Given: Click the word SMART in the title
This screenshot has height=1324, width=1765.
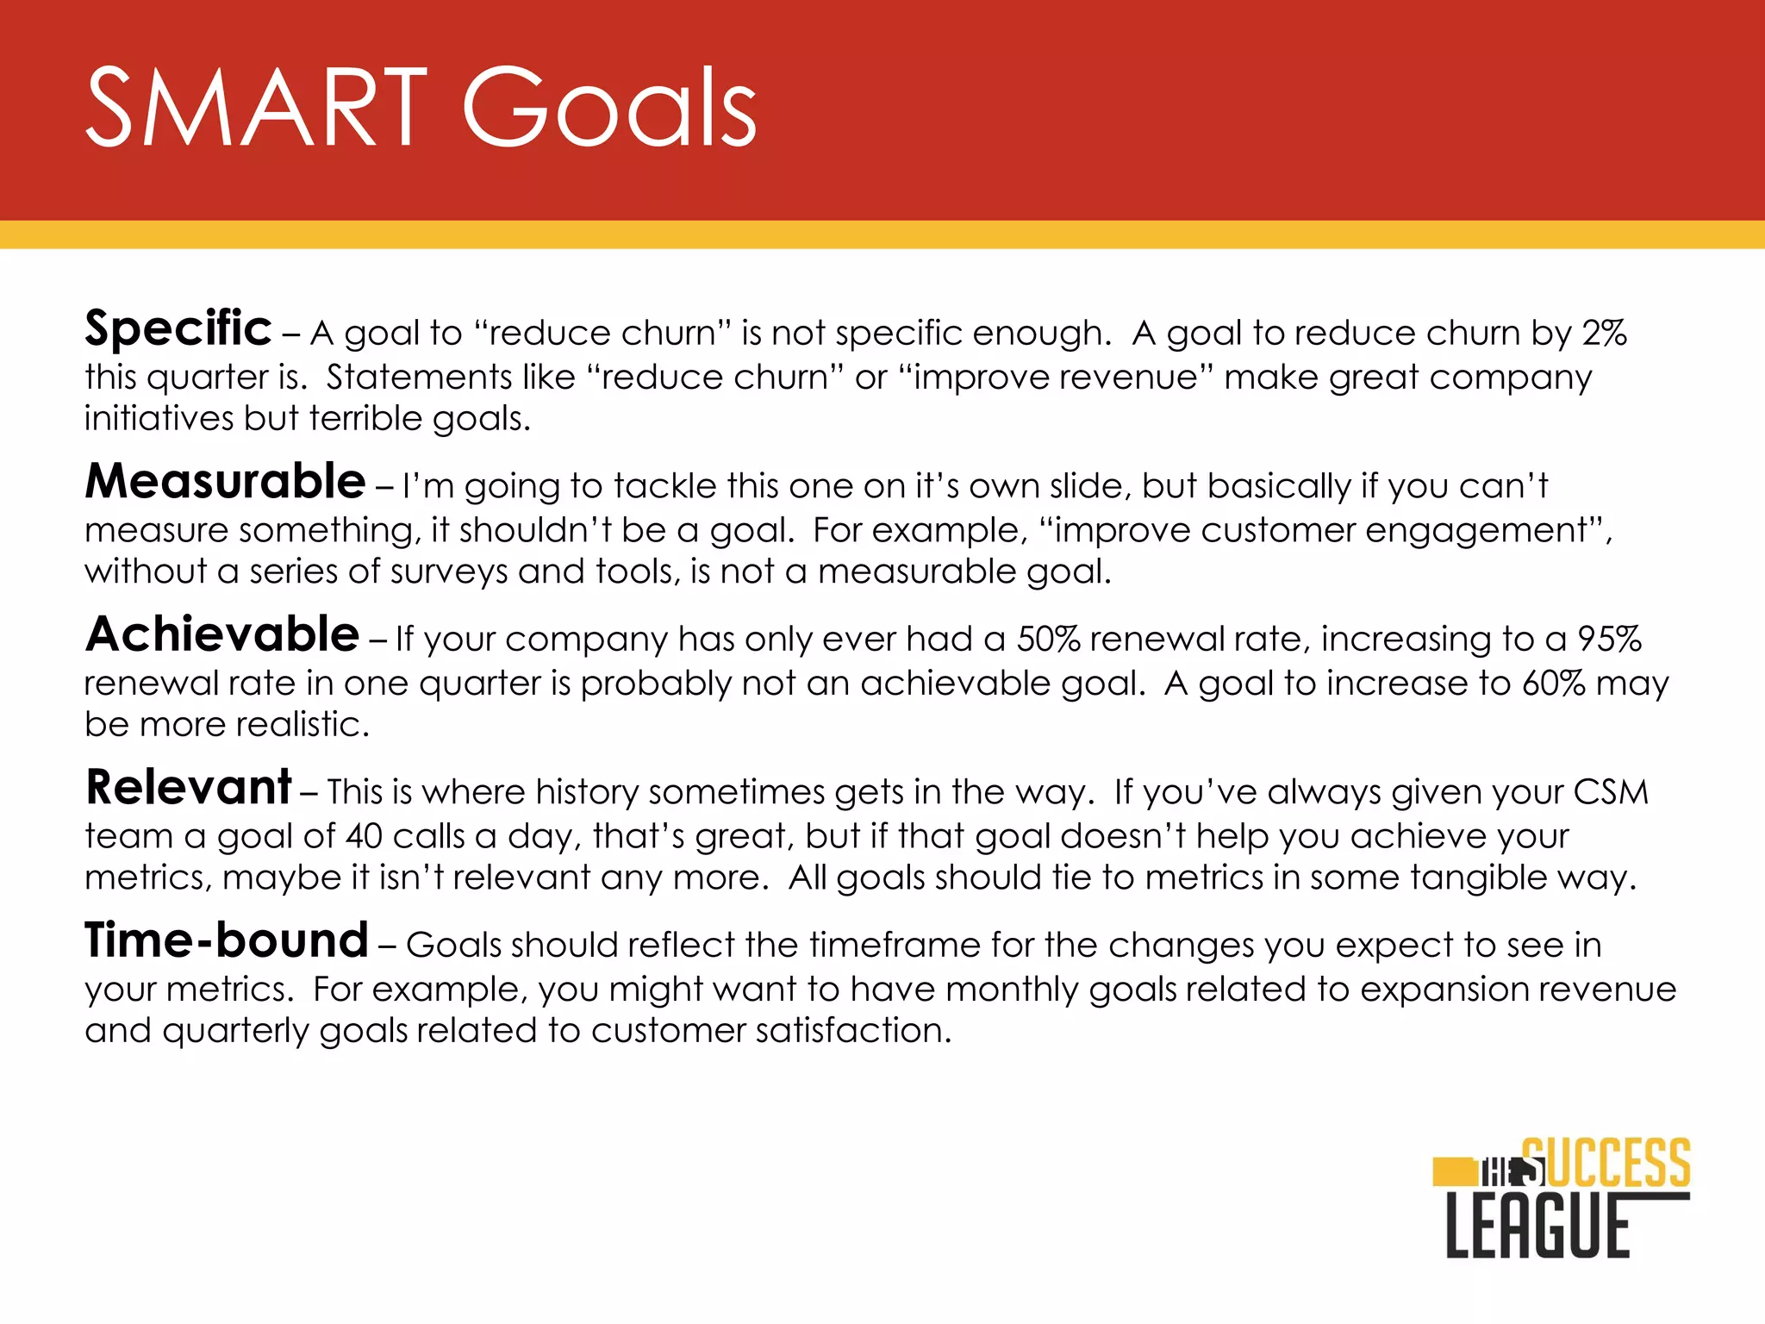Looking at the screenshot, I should coord(257,108).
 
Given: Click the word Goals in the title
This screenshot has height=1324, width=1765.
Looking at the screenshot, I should coord(609,108).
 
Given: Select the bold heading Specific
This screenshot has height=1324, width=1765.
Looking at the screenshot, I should coord(178,328).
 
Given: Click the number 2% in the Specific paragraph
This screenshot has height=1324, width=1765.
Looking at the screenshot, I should coord(1604,333).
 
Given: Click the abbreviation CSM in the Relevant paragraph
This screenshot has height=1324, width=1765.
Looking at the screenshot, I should coord(1610,792).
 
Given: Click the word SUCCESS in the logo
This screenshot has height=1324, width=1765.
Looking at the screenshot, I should coord(1606,1163).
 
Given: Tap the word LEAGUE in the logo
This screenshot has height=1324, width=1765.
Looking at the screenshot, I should coord(1538,1227).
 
